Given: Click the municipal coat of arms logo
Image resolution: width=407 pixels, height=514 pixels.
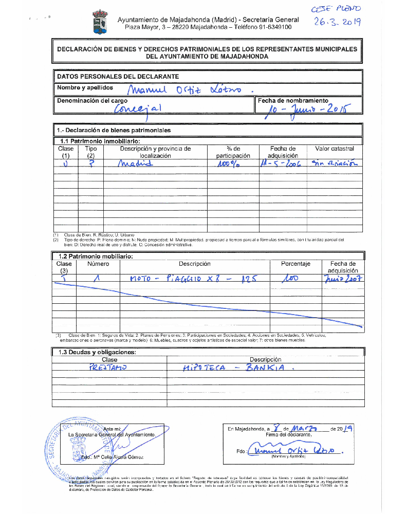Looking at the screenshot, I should tap(99, 23).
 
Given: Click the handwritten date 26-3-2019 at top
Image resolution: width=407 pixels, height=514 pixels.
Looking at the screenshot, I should tap(338, 22).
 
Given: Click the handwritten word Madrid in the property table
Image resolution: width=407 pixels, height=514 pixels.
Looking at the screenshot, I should tap(135, 164).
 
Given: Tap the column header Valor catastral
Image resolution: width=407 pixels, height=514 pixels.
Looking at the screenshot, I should tap(334, 149).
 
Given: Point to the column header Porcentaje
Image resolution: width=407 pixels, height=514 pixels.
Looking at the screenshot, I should tap(295, 264).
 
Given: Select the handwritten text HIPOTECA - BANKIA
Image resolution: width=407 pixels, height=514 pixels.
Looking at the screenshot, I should tap(239, 368).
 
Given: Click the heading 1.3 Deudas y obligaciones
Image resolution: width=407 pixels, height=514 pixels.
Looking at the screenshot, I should tap(97, 352).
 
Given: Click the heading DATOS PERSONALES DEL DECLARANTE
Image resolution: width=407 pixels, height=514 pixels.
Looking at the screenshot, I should tap(118, 76).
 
